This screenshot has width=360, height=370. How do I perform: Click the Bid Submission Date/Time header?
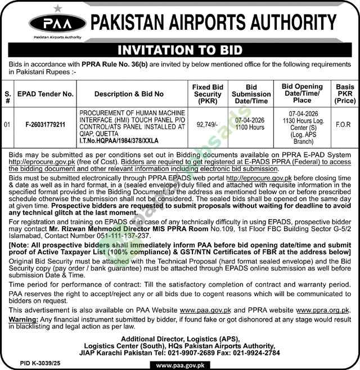pyautogui.click(x=251, y=94)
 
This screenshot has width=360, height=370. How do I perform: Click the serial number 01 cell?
pyautogui.click(x=7, y=124)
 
